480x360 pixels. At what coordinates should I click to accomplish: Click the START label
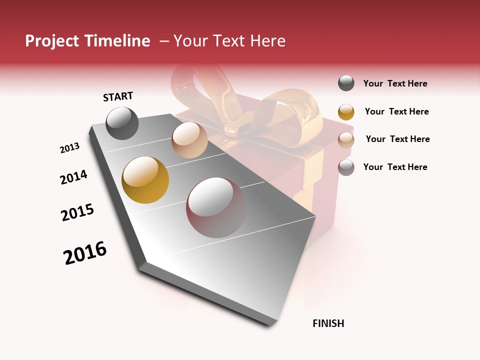pyautogui.click(x=118, y=96)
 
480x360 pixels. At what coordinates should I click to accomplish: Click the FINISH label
pyautogui.click(x=328, y=323)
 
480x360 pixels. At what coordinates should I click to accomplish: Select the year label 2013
pyautogui.click(x=69, y=148)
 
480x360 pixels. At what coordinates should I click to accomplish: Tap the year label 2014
pyautogui.click(x=73, y=177)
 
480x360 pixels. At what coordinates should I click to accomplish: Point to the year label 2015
pyautogui.click(x=77, y=212)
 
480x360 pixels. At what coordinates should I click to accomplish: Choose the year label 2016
pyautogui.click(x=85, y=253)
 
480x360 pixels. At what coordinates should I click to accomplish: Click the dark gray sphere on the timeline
pyautogui.click(x=122, y=123)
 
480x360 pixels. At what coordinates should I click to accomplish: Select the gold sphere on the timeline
pyautogui.click(x=145, y=180)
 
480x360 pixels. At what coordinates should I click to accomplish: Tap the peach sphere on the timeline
pyautogui.click(x=189, y=140)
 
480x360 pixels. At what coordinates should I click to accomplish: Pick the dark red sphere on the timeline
pyautogui.click(x=216, y=207)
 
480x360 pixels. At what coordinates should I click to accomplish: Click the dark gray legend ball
pyautogui.click(x=346, y=83)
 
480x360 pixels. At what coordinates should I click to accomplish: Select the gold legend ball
pyautogui.click(x=346, y=111)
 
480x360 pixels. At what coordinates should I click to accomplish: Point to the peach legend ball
pyautogui.click(x=346, y=139)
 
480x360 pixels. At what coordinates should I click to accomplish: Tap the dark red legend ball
pyautogui.click(x=346, y=167)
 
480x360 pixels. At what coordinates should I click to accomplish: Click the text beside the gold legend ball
pyautogui.click(x=396, y=111)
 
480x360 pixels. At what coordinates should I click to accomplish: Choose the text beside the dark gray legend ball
pyautogui.click(x=395, y=83)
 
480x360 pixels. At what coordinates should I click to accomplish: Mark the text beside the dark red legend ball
pyautogui.click(x=395, y=167)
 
